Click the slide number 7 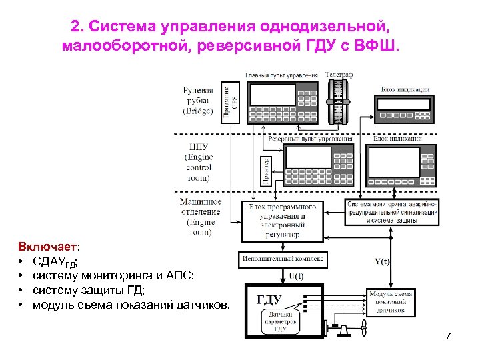click(x=449, y=335)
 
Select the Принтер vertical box click(x=267, y=170)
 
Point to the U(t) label click(x=295, y=276)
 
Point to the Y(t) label click(x=382, y=261)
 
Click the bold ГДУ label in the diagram click(x=269, y=299)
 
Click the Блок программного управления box click(x=282, y=220)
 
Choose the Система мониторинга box click(x=391, y=211)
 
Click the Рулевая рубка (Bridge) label click(x=198, y=101)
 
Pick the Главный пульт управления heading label click(x=283, y=75)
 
